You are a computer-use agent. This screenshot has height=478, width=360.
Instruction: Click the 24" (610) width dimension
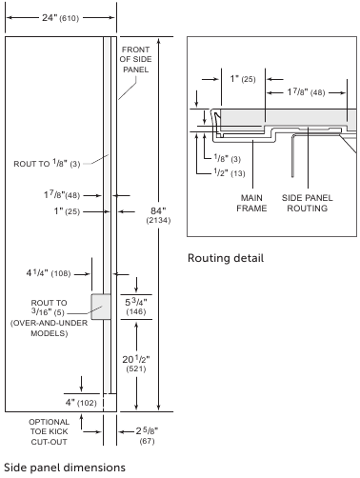tap(60, 18)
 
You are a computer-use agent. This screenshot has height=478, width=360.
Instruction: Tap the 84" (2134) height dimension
tap(158, 215)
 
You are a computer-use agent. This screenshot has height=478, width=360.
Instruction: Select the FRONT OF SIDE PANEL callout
tap(135, 59)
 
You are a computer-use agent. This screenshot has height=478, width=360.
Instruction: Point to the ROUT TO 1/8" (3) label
tap(47, 164)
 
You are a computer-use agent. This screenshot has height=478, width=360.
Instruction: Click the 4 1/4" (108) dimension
tap(49, 273)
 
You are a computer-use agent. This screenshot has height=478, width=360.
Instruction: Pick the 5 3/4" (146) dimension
tap(136, 307)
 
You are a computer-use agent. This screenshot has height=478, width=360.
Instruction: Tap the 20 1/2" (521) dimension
tap(136, 364)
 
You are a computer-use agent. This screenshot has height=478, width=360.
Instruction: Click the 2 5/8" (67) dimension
tap(147, 435)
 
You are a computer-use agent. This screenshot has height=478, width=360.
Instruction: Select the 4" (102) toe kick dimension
tap(81, 403)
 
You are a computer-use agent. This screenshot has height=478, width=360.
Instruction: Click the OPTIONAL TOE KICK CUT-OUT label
tap(49, 431)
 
